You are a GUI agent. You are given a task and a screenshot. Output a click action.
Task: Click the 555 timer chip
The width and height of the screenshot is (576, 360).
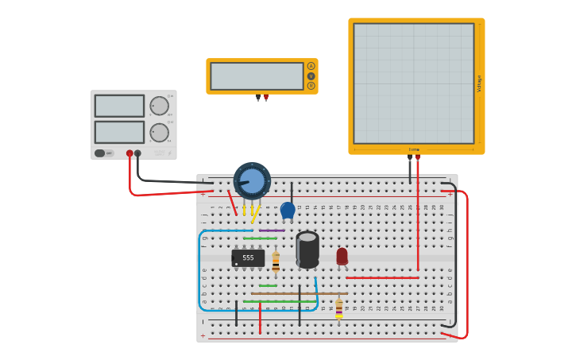(248, 258)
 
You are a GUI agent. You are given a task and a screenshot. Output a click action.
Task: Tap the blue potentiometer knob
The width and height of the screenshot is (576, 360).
(252, 180)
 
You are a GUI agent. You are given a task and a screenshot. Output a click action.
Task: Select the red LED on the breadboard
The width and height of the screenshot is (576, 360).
(342, 256)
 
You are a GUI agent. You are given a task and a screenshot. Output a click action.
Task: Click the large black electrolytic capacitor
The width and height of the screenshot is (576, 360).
(307, 249)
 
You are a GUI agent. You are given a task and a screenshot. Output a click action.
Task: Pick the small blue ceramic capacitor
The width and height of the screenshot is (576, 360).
(288, 210)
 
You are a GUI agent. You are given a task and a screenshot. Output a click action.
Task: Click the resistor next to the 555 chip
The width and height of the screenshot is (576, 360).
(276, 261)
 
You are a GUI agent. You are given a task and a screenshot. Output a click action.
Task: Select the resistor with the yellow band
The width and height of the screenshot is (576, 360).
(339, 308)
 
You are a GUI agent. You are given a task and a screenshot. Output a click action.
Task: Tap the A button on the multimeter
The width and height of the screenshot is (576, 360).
(311, 66)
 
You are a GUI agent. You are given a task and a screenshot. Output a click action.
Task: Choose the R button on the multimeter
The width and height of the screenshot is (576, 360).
(311, 86)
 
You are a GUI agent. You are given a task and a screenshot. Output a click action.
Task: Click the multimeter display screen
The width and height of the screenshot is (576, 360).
(257, 76)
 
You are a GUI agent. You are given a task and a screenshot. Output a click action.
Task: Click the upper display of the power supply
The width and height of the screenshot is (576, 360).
(119, 106)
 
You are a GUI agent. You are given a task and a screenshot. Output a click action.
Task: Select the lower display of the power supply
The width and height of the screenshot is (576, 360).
(119, 132)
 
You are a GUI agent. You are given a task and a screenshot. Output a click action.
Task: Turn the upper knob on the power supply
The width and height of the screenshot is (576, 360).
(159, 106)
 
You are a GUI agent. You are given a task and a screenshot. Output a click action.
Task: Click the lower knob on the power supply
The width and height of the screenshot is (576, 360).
(159, 132)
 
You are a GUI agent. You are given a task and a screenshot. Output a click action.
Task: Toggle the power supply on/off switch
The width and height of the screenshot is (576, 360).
(100, 153)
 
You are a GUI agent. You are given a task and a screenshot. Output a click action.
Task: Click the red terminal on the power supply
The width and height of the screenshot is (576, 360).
(130, 153)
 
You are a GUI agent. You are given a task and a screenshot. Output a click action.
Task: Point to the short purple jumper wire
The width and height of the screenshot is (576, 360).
(272, 230)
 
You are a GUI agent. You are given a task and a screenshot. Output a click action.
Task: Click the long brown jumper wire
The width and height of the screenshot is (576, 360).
(299, 294)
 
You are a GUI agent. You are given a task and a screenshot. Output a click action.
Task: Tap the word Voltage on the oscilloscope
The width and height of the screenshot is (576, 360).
(479, 83)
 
